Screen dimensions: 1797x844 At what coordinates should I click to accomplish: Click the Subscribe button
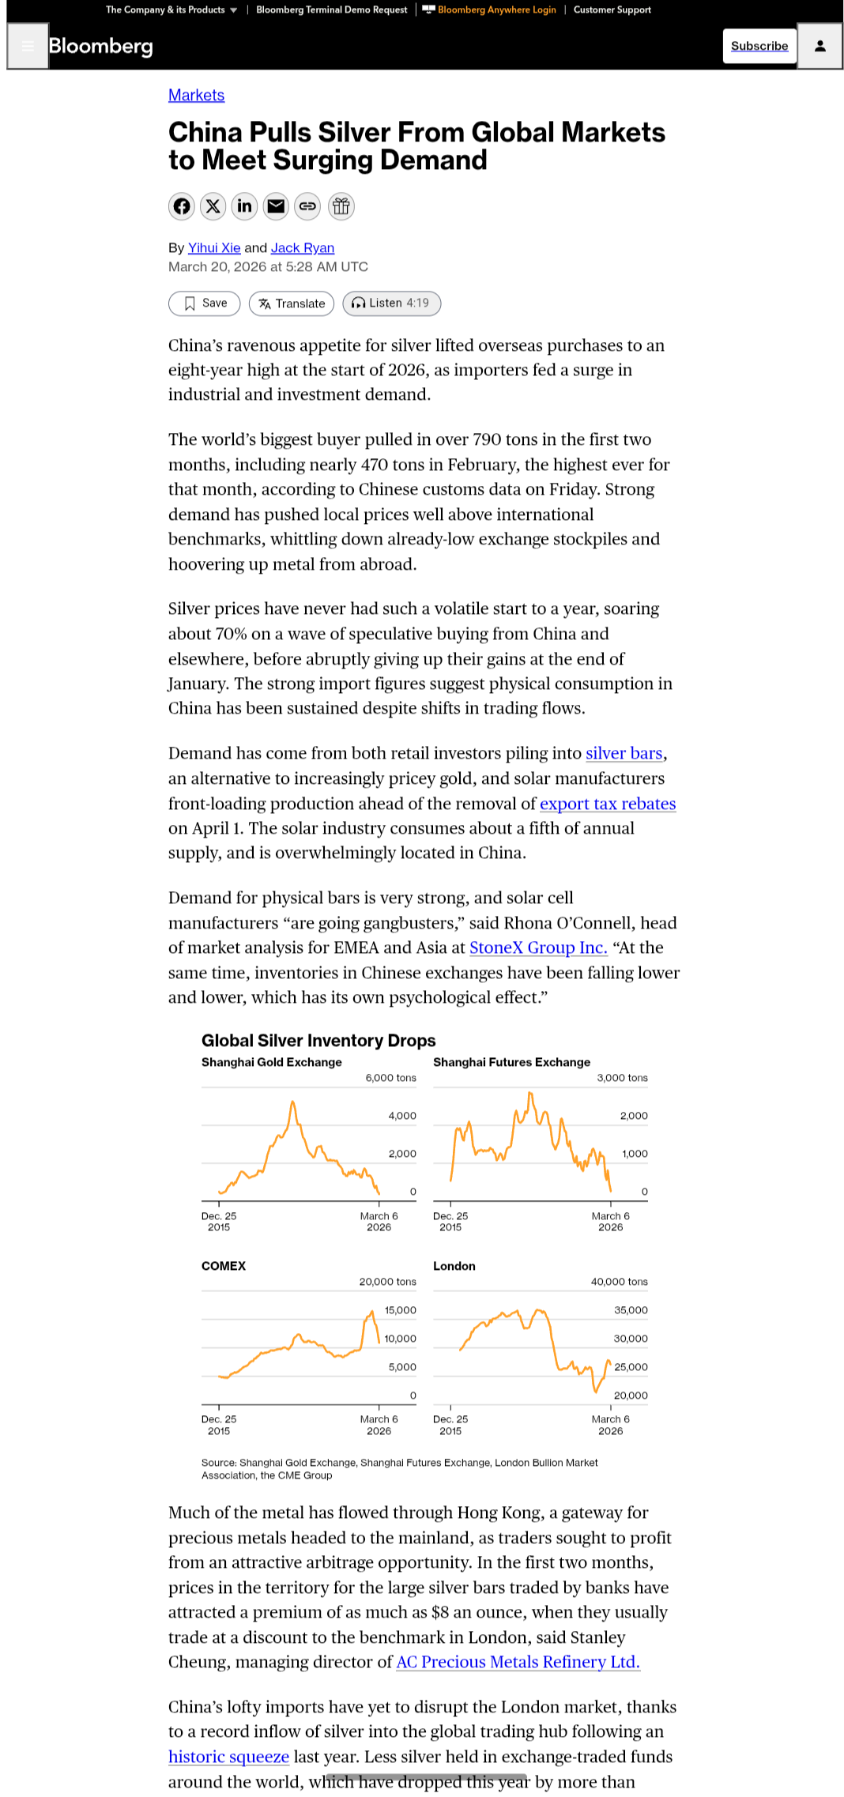point(759,46)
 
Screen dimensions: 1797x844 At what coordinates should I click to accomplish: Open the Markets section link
point(196,96)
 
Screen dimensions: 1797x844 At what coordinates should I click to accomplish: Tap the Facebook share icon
point(182,206)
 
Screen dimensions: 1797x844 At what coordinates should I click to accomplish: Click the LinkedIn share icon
point(245,206)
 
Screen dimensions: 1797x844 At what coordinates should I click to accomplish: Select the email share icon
point(276,206)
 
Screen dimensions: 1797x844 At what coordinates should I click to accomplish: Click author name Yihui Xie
point(214,248)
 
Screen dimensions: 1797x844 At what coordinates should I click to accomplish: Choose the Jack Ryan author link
point(303,248)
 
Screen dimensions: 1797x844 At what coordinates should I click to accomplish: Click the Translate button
point(292,303)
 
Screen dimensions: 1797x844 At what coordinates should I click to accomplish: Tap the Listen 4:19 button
point(391,303)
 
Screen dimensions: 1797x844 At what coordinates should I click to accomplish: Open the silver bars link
point(624,754)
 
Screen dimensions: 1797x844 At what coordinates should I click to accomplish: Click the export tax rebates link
point(608,804)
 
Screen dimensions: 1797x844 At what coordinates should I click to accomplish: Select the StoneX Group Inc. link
point(538,948)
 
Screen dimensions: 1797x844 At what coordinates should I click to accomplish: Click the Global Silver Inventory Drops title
point(318,1041)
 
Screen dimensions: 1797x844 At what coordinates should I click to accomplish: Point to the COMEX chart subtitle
point(224,1266)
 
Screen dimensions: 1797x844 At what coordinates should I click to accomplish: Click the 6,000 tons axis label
point(390,1078)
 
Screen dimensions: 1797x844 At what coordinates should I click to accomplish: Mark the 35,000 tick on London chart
point(631,1310)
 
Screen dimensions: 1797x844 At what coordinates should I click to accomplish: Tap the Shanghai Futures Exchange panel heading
point(511,1062)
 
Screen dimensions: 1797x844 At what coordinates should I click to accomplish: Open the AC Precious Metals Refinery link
point(518,1662)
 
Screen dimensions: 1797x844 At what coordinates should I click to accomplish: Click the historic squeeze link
point(228,1757)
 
